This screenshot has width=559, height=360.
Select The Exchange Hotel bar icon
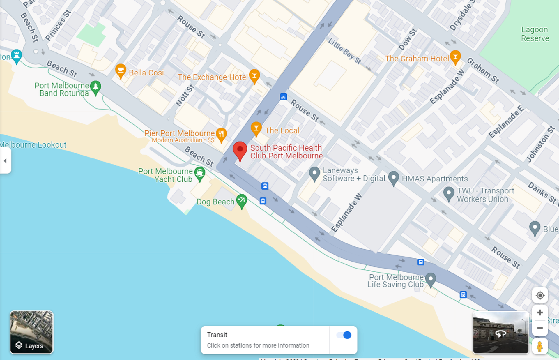(x=254, y=75)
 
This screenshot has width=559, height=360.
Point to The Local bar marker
(x=256, y=128)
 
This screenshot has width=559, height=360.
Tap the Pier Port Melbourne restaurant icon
(x=221, y=134)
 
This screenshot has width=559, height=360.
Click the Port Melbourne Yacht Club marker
(x=200, y=173)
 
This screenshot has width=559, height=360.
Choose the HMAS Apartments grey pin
(x=393, y=177)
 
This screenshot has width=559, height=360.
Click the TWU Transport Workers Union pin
(x=448, y=193)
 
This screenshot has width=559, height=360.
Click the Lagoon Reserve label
(x=535, y=34)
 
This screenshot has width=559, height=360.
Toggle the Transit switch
(x=344, y=335)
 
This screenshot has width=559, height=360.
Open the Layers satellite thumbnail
(x=31, y=332)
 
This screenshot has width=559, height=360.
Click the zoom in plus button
(x=540, y=313)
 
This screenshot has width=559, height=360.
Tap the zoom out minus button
(x=540, y=328)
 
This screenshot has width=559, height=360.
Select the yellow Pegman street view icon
(x=540, y=347)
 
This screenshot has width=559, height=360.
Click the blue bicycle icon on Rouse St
(x=283, y=97)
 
